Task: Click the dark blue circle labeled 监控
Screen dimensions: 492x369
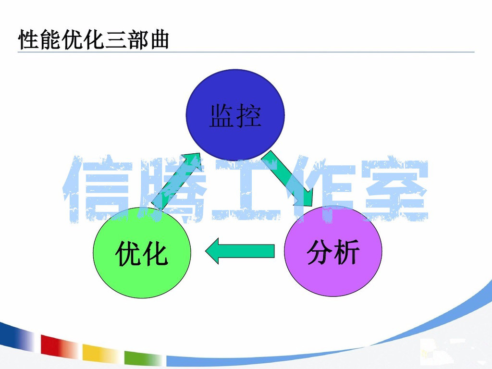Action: [235, 115]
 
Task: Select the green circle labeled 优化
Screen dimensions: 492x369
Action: [142, 253]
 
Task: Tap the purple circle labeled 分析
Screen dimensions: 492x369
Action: [333, 251]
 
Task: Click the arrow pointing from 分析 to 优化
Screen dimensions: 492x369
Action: [240, 251]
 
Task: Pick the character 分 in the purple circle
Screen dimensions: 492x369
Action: [320, 252]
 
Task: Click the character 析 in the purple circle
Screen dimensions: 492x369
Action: [346, 252]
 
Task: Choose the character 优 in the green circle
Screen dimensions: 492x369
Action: [128, 254]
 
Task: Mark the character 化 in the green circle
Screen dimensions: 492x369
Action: [155, 254]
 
